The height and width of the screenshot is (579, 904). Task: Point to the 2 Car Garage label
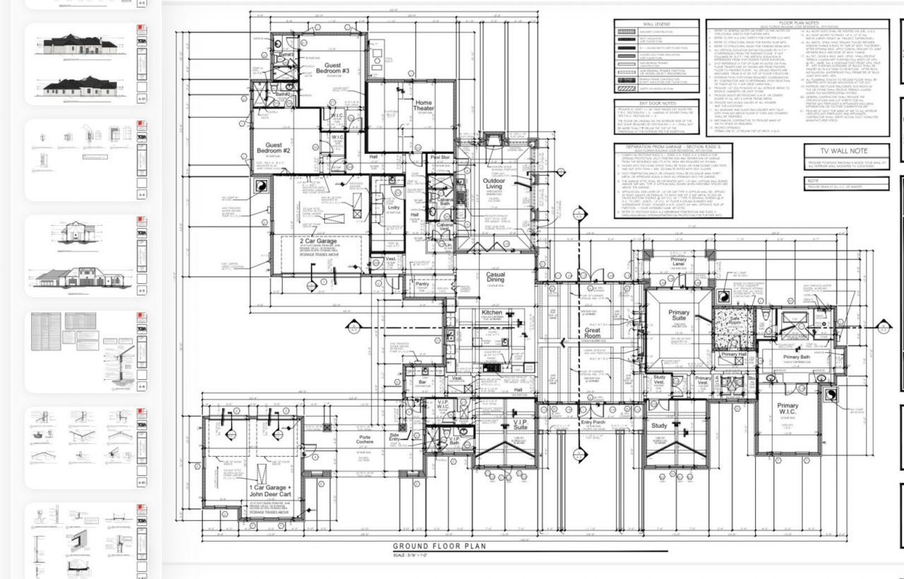tap(318, 241)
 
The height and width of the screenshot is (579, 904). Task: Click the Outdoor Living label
tap(494, 185)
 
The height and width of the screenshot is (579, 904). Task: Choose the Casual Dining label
tap(495, 278)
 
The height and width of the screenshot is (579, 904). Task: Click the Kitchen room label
tap(492, 312)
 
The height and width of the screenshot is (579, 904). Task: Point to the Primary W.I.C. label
tap(787, 410)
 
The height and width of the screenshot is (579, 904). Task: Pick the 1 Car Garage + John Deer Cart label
tap(270, 491)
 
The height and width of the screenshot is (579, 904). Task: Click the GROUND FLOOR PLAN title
tap(439, 546)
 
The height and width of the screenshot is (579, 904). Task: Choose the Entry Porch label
tap(593, 423)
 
